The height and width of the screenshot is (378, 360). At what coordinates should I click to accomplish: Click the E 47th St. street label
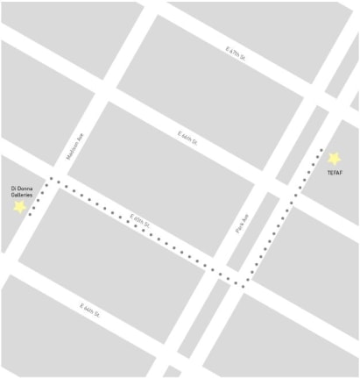click(236, 54)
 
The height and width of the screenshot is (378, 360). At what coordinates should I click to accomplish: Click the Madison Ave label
click(74, 145)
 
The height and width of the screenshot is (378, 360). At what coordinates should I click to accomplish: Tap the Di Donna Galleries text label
click(21, 190)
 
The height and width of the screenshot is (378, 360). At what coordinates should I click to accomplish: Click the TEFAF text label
click(335, 173)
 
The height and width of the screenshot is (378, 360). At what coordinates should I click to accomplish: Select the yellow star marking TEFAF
click(334, 159)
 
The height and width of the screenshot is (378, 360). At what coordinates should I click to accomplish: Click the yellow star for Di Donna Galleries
click(19, 207)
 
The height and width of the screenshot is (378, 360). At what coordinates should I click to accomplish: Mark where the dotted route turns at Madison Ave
click(51, 179)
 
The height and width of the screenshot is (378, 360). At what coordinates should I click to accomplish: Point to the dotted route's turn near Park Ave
click(243, 283)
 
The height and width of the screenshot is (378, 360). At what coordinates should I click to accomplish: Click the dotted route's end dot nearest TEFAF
click(321, 150)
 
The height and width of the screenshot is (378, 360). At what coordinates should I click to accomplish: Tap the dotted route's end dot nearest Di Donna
click(30, 213)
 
